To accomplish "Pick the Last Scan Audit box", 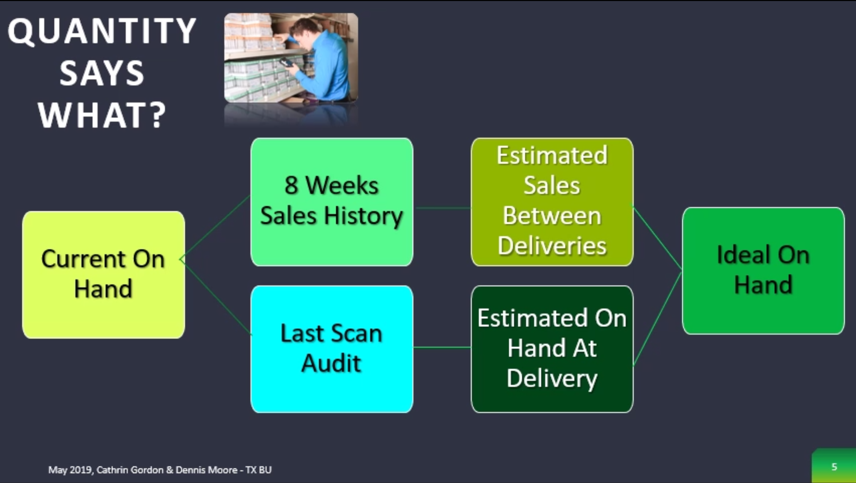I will click(x=332, y=349).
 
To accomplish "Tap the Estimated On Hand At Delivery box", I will click(x=552, y=349).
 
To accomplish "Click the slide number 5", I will click(x=834, y=466).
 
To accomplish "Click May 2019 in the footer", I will click(x=70, y=470).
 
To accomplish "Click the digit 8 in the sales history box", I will click(x=291, y=186).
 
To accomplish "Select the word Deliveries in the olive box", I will click(x=552, y=246).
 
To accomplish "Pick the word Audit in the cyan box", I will click(x=331, y=363).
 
